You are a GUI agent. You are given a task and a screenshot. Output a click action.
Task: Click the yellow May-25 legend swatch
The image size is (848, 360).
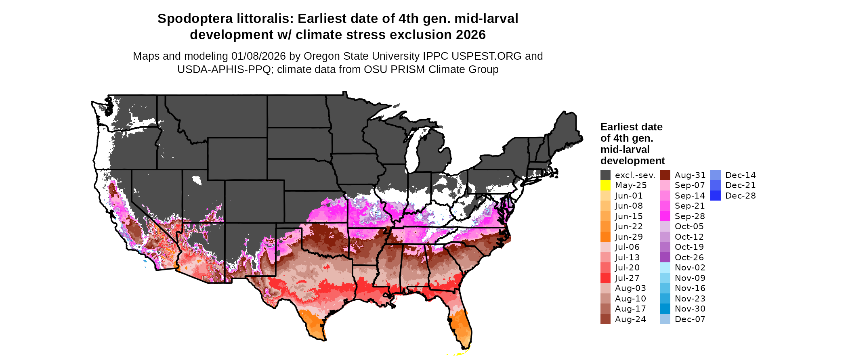coord(605,185)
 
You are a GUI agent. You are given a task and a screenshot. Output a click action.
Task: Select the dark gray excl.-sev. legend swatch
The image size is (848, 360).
coord(605,175)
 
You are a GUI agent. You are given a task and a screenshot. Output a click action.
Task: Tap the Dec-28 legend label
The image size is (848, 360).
coord(740,196)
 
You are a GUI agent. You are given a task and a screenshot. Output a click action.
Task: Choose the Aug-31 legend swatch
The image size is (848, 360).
coord(665,175)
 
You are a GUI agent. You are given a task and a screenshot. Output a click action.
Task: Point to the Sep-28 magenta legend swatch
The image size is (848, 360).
coord(665,216)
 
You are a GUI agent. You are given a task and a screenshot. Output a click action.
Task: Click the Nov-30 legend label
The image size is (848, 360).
coord(690,309)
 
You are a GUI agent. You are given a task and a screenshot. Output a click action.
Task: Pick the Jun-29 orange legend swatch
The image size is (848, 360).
coord(605,237)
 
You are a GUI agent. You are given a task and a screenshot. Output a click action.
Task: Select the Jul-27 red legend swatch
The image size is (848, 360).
coord(605,278)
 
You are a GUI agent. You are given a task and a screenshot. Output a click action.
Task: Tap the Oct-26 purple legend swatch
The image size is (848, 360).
coord(665,257)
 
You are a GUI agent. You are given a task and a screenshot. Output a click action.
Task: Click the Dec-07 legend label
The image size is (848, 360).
coord(690,319)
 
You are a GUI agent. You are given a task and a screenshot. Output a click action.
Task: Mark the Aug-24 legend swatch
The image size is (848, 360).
coord(605,319)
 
